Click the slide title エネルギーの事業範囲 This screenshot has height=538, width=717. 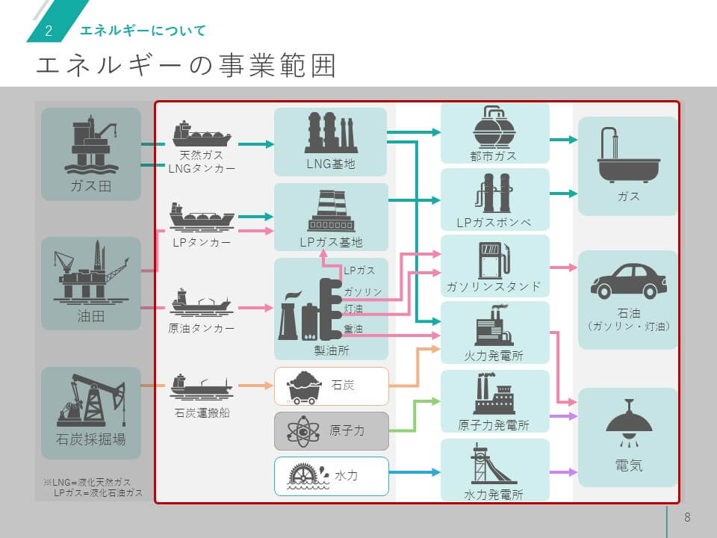tap(186, 66)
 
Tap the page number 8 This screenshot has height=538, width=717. tap(687, 518)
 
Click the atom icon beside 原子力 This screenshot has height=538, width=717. tap(302, 431)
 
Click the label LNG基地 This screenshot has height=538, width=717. tap(330, 164)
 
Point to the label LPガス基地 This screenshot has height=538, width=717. tap(330, 242)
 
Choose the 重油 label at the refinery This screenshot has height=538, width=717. tap(354, 329)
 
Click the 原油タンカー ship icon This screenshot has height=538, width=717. tap(200, 300)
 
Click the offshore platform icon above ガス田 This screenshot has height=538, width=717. tap(90, 143)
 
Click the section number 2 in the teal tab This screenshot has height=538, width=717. tap(49, 31)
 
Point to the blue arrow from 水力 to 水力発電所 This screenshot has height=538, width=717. tap(415, 472)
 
